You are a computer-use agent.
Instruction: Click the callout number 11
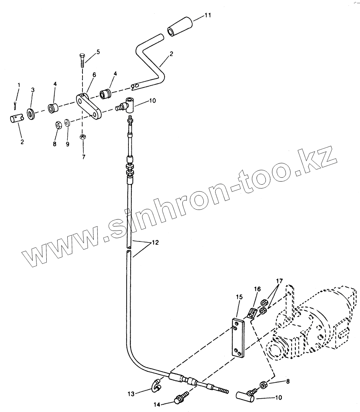click(x=207, y=15)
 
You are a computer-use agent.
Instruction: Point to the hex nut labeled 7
click(x=82, y=137)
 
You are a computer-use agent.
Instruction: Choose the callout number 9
click(x=68, y=144)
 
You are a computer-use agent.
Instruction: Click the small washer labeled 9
click(x=68, y=123)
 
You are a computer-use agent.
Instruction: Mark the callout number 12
click(x=155, y=243)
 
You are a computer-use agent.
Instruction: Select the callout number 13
click(x=131, y=394)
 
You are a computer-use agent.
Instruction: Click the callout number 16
click(x=257, y=289)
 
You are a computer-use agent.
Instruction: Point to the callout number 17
click(x=279, y=281)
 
